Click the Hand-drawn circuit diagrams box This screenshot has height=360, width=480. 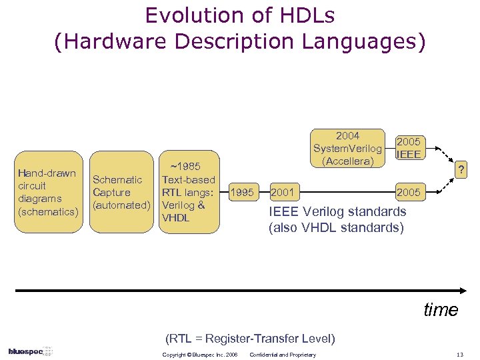pyautogui.click(x=47, y=192)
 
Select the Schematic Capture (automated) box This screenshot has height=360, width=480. pyautogui.click(x=120, y=193)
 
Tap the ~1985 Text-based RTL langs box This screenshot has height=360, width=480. pyautogui.click(x=189, y=192)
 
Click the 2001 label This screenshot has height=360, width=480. pyautogui.click(x=283, y=193)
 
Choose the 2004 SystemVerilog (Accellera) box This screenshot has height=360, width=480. pyautogui.click(x=347, y=148)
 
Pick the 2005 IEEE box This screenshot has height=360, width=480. pyautogui.click(x=408, y=148)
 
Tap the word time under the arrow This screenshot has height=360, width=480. pyautogui.click(x=441, y=310)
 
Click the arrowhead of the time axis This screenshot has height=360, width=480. pyautogui.click(x=464, y=291)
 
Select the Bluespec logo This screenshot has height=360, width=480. pyautogui.click(x=30, y=351)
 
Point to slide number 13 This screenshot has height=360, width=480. pyautogui.click(x=458, y=355)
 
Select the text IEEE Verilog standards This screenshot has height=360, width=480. pyautogui.click(x=337, y=212)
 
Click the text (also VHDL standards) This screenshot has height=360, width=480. pyautogui.click(x=336, y=227)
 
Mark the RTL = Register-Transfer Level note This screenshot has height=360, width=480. pyautogui.click(x=250, y=338)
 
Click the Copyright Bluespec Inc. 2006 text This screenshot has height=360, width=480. pyautogui.click(x=200, y=355)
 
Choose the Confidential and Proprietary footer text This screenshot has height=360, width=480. pyautogui.click(x=282, y=355)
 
